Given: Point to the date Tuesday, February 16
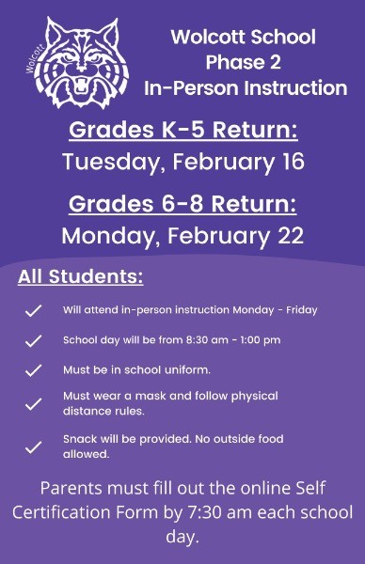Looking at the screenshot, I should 182,162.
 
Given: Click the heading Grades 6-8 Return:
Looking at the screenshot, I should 182,204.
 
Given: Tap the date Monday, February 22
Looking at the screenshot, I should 182,235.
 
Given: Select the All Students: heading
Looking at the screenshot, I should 80,277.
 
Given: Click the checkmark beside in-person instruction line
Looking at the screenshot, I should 33,310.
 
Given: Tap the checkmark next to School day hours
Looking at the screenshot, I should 33,340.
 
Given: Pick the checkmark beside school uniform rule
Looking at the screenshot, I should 33,370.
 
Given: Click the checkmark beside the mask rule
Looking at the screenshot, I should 33,404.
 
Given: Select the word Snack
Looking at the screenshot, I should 79,439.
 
